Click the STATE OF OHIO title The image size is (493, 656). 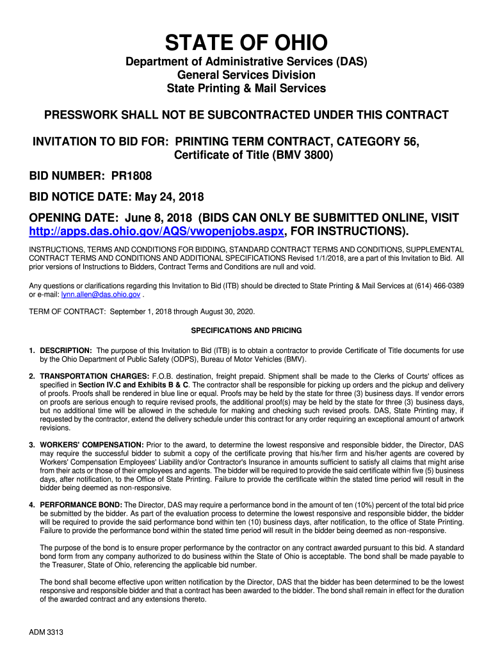[247, 44]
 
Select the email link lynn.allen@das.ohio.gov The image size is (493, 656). [101, 294]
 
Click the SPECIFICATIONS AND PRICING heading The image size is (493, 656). [247, 331]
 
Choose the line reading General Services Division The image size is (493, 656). [247, 75]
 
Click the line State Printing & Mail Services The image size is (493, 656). [247, 88]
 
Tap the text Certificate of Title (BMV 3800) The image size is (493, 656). [254, 154]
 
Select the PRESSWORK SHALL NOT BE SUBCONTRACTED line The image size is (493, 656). [247, 115]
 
